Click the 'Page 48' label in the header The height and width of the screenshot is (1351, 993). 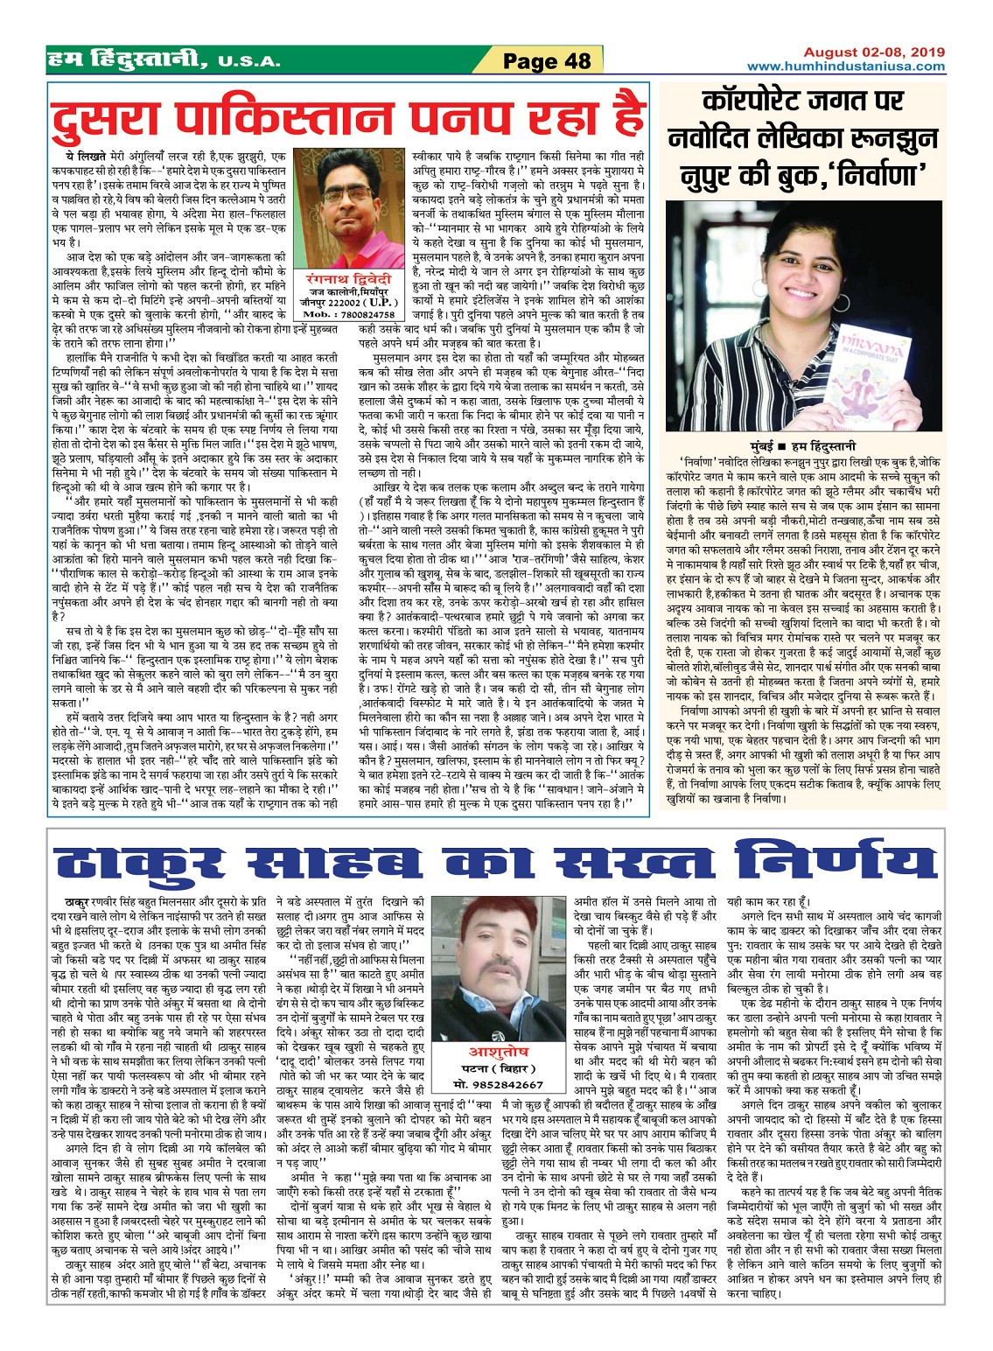tap(547, 61)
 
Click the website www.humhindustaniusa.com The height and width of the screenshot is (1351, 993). tap(845, 66)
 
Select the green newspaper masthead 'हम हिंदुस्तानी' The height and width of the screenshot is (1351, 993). tap(127, 59)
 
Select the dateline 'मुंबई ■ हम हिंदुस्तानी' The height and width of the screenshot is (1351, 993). tap(803, 445)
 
